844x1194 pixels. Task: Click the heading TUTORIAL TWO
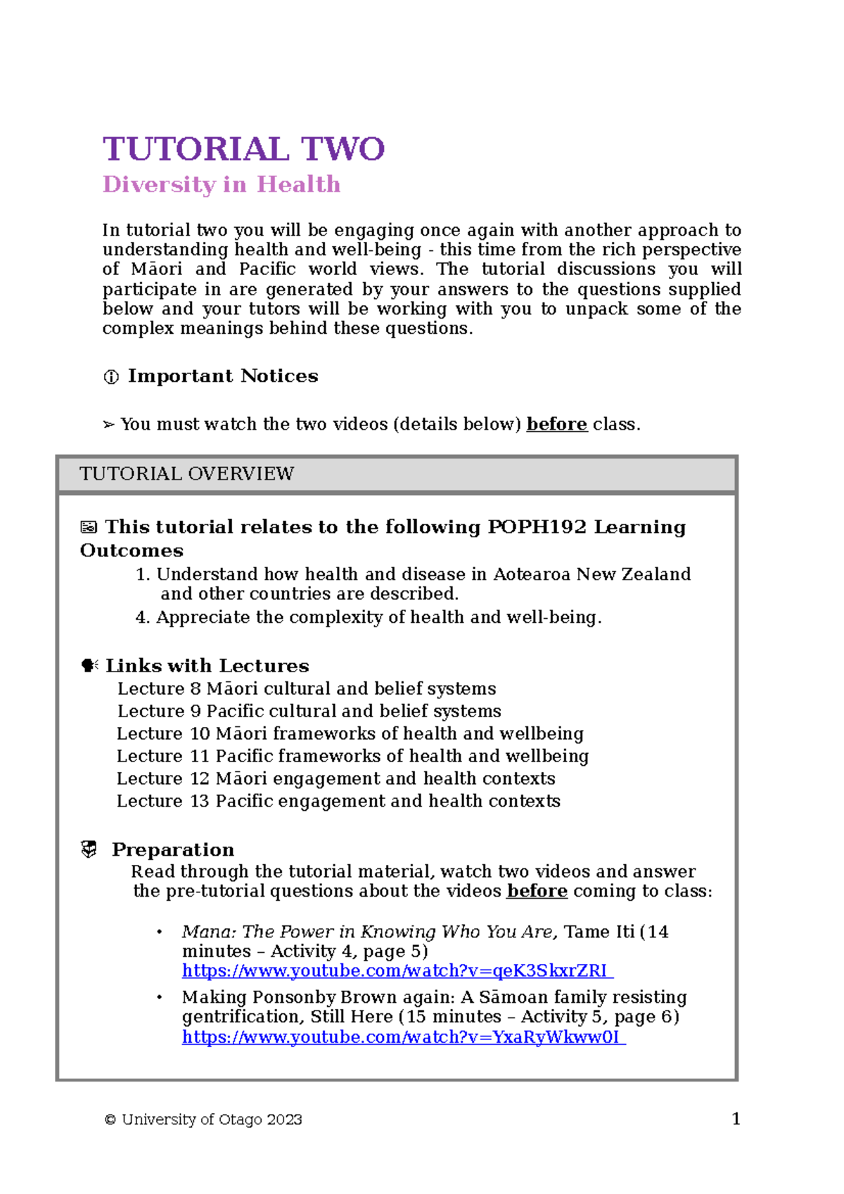coord(243,149)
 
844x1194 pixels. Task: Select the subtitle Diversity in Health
coord(221,184)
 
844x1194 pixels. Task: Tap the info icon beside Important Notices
coord(111,378)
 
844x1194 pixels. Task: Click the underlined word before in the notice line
coord(556,424)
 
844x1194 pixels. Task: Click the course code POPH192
coord(537,527)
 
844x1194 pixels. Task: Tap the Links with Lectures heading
coord(207,665)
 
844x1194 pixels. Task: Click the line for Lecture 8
coord(307,688)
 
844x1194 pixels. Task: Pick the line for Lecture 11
coord(352,756)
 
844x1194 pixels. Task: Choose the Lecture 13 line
coord(338,801)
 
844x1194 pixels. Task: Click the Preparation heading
coord(172,849)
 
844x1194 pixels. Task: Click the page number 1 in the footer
coord(736,1119)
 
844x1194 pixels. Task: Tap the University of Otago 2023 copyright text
coord(204,1119)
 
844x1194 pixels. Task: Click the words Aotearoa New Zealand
coord(592,574)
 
